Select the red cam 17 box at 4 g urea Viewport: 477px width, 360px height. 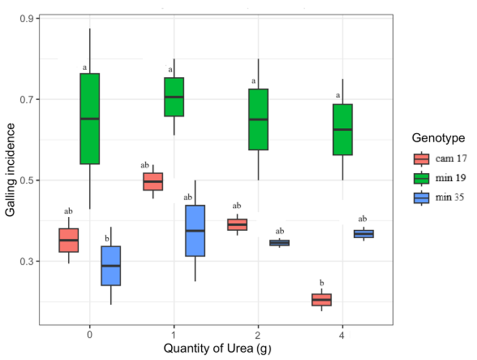[x=321, y=299]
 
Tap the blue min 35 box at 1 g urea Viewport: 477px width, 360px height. [x=195, y=231]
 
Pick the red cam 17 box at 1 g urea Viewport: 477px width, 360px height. [x=153, y=181]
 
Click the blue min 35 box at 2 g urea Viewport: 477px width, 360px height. [x=279, y=243]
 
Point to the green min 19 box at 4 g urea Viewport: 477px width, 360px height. [x=342, y=129]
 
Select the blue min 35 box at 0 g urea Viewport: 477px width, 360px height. [x=111, y=265]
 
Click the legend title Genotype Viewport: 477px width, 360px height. [x=438, y=138]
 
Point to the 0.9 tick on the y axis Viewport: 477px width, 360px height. [x=26, y=19]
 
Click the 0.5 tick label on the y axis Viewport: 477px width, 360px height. [x=26, y=180]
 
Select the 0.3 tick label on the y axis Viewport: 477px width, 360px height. [x=26, y=262]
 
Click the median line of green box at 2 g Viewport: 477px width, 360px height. [x=258, y=119]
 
